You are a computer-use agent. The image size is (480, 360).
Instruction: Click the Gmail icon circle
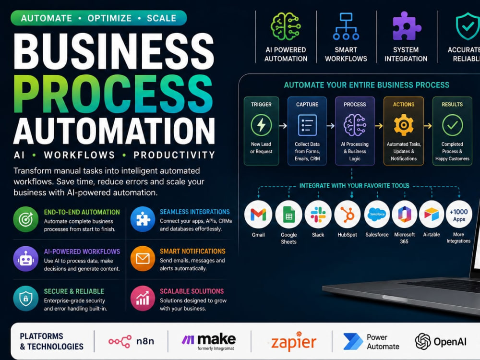(258, 214)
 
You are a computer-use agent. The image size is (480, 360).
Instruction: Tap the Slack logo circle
(318, 214)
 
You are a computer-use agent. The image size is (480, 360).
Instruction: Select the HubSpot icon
(348, 214)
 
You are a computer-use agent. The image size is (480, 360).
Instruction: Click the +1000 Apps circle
(459, 214)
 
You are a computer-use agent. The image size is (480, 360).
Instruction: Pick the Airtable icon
(432, 214)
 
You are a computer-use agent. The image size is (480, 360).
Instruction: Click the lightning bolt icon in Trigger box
(261, 125)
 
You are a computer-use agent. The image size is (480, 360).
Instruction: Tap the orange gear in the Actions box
(404, 125)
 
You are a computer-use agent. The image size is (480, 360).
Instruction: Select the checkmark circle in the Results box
(452, 125)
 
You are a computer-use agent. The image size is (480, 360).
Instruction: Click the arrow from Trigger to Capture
(283, 125)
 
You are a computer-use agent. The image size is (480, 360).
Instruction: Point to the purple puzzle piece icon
(406, 26)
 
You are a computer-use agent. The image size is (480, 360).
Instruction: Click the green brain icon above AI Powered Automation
(286, 26)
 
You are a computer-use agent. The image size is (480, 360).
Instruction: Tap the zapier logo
(294, 341)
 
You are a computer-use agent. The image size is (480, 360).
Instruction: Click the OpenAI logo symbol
(423, 341)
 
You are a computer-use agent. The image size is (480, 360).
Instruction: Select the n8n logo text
(145, 341)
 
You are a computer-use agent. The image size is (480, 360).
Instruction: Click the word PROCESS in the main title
(113, 94)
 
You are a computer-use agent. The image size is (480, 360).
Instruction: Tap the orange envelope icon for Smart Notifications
(143, 259)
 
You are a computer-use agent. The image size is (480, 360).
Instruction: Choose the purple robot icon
(26, 259)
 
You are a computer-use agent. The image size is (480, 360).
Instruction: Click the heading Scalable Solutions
(192, 291)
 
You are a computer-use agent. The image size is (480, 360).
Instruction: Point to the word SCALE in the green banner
(161, 18)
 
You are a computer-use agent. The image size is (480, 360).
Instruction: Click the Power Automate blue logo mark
(353, 341)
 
